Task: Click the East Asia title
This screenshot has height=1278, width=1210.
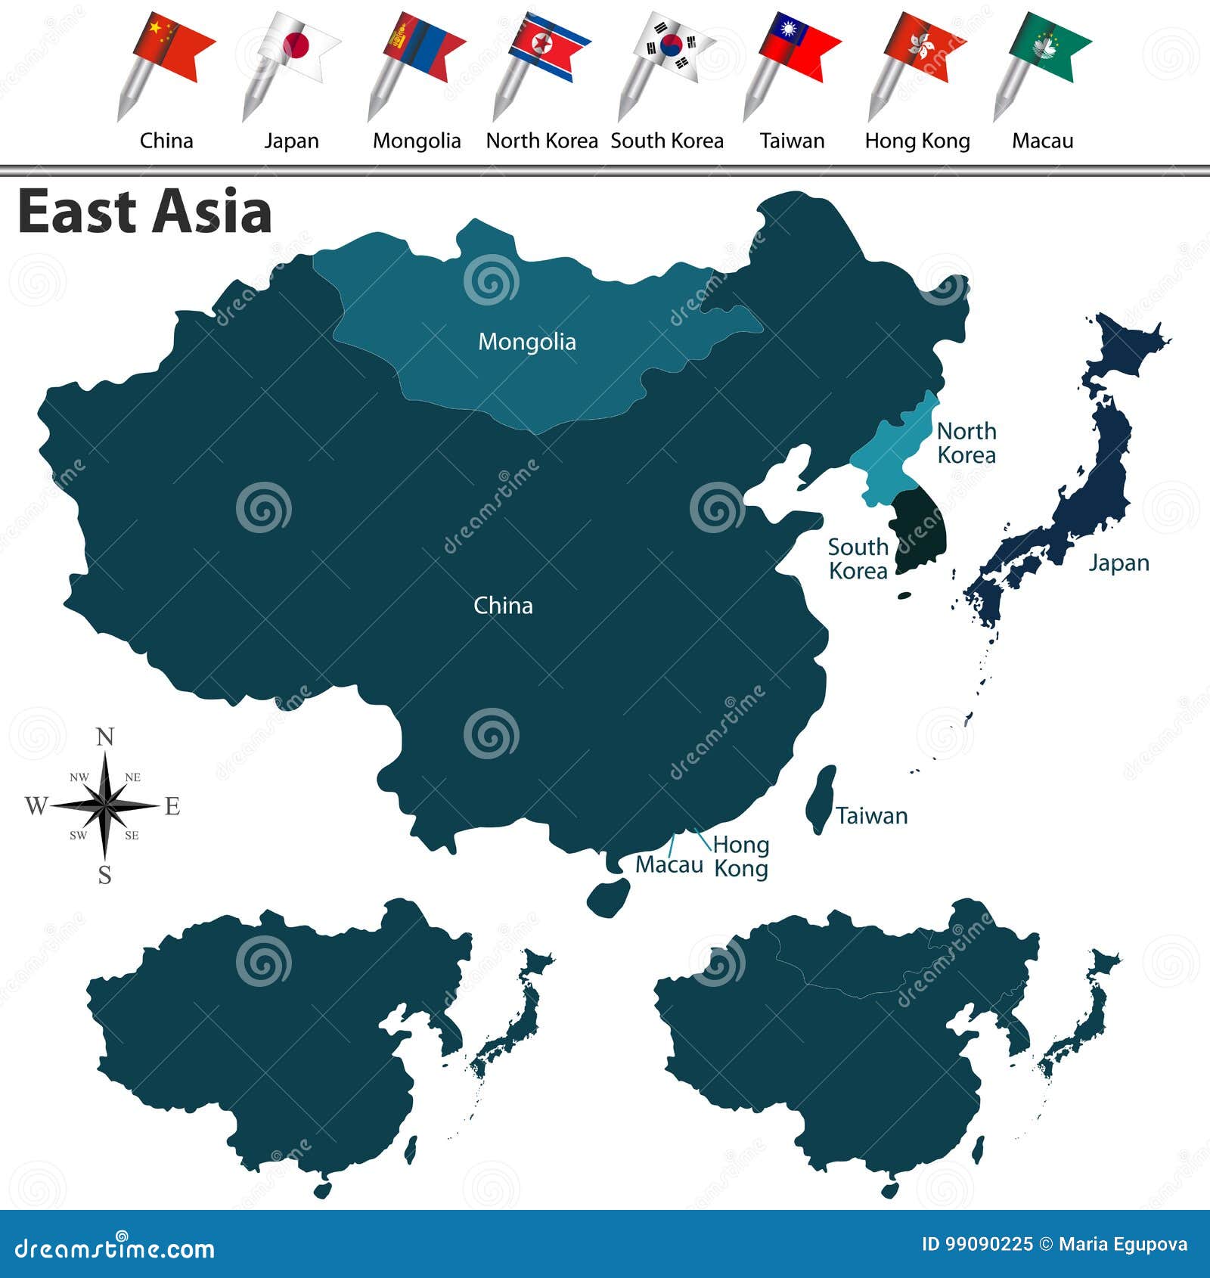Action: click(144, 212)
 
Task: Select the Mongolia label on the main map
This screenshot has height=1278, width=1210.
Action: click(527, 342)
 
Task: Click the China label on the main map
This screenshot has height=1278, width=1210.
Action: click(503, 606)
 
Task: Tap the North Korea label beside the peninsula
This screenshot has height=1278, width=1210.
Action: click(966, 443)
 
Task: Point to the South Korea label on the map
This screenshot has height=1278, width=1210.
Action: click(858, 559)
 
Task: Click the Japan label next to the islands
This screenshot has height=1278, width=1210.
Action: click(1118, 563)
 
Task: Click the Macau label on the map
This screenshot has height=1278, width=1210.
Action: click(669, 864)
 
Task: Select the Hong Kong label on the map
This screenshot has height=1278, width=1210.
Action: click(741, 856)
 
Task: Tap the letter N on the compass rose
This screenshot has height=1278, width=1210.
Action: click(105, 737)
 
